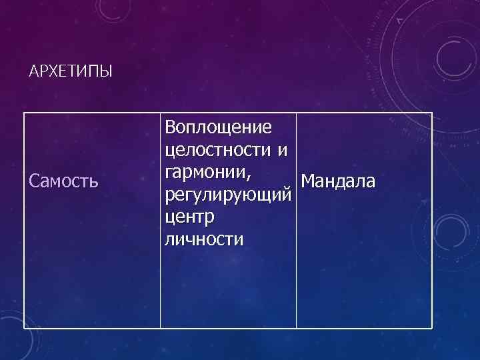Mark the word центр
pos(189,217)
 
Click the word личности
pos(204,239)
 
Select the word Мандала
pos(338,181)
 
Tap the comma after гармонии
pos(249,178)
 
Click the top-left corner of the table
pos(25,113)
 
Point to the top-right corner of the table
pos(432,113)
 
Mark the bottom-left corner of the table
pos(25,328)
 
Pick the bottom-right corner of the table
pos(432,328)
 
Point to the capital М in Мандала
pos(308,181)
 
